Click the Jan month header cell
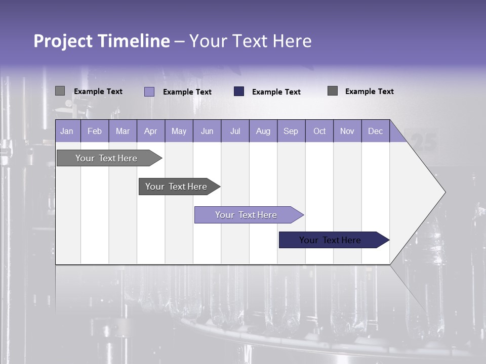(67, 131)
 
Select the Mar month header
(123, 131)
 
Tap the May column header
(179, 131)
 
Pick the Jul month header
(235, 131)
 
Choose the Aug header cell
(263, 131)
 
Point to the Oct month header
(319, 131)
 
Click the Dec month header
(376, 131)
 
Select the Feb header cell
(95, 131)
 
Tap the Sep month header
(291, 131)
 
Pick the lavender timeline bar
(247, 215)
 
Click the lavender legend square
(149, 92)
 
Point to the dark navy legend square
(239, 91)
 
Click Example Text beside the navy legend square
(276, 92)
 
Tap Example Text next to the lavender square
(187, 92)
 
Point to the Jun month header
(207, 131)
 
